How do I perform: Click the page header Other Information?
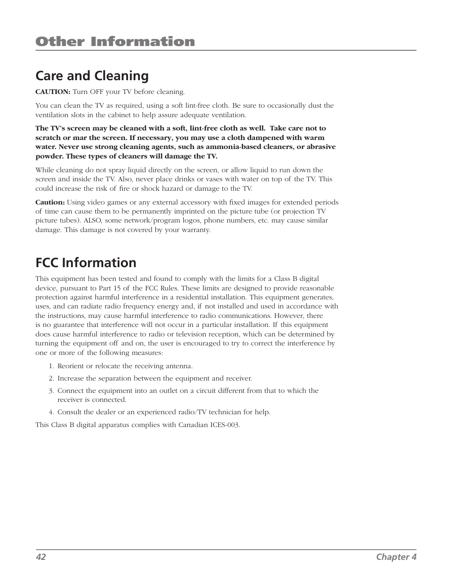pyautogui.click(x=115, y=42)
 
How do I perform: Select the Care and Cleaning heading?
pyautogui.click(x=92, y=76)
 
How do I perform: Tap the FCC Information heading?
pyautogui.click(x=86, y=263)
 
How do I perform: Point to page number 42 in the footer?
pyautogui.click(x=41, y=557)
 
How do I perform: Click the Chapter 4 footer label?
pyautogui.click(x=396, y=557)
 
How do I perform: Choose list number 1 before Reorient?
pyautogui.click(x=51, y=366)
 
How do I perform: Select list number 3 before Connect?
pyautogui.click(x=51, y=391)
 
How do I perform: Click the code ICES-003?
pyautogui.click(x=225, y=425)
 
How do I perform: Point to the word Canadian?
pyautogui.click(x=193, y=425)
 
